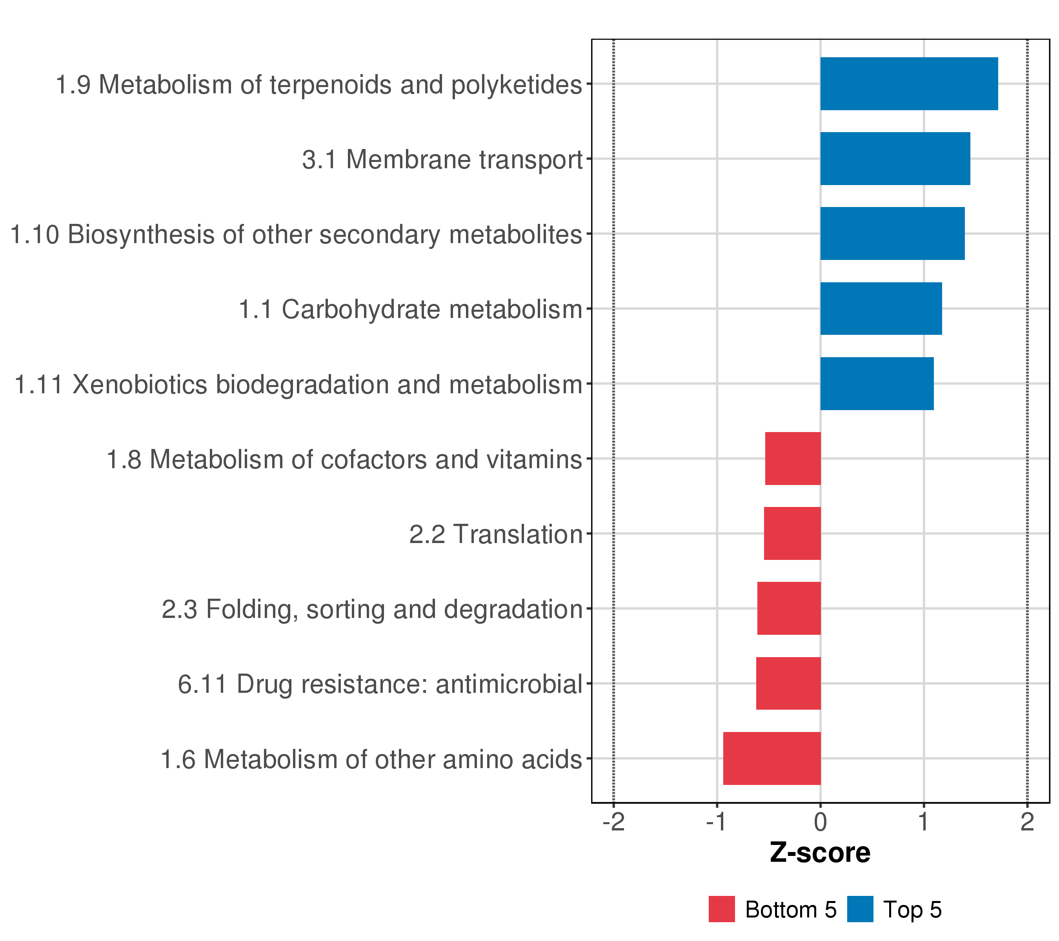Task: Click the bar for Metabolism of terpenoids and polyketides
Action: click(x=909, y=84)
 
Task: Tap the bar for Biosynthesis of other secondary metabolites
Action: click(x=892, y=234)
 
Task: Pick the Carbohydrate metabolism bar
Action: click(x=881, y=309)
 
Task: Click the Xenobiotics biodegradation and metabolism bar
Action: click(x=877, y=384)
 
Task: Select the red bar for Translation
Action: click(x=792, y=533)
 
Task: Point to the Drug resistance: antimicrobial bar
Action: click(x=788, y=684)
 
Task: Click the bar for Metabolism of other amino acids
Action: click(x=772, y=758)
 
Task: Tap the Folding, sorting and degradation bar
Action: click(x=789, y=609)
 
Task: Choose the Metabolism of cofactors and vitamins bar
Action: click(x=793, y=459)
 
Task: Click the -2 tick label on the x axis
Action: click(x=614, y=823)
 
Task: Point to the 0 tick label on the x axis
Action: click(x=820, y=823)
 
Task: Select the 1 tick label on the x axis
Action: click(x=924, y=823)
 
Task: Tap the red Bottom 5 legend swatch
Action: click(x=722, y=909)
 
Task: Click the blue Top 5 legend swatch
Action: click(x=861, y=909)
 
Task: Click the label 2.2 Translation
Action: click(x=496, y=534)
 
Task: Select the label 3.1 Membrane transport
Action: click(x=442, y=160)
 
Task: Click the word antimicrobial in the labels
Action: click(x=509, y=684)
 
